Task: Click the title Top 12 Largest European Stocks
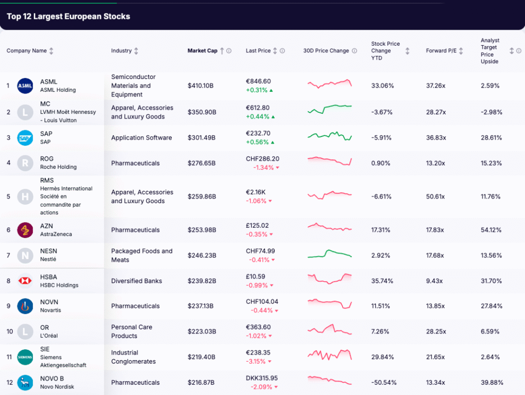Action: pyautogui.click(x=68, y=16)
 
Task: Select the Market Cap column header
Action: pyautogui.click(x=203, y=51)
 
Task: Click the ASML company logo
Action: pyautogui.click(x=25, y=86)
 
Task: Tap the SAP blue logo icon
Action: pyautogui.click(x=25, y=137)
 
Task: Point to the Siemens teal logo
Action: pyautogui.click(x=25, y=357)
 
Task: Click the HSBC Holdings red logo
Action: pyautogui.click(x=25, y=281)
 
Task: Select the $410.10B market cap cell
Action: pyautogui.click(x=201, y=86)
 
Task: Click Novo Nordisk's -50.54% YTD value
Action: pyautogui.click(x=384, y=383)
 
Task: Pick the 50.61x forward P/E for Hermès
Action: pyautogui.click(x=436, y=196)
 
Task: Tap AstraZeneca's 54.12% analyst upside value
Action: pyautogui.click(x=491, y=230)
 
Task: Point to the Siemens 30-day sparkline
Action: pyautogui.click(x=330, y=355)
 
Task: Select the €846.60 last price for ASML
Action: pyautogui.click(x=258, y=81)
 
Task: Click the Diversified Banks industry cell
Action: pyautogui.click(x=136, y=281)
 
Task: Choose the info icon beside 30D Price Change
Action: pyautogui.click(x=354, y=51)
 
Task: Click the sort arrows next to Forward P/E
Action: pyautogui.click(x=461, y=51)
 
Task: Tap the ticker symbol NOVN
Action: pyautogui.click(x=49, y=302)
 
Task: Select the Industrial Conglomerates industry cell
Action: pyautogui.click(x=133, y=357)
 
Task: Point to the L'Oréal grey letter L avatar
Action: pyautogui.click(x=25, y=331)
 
